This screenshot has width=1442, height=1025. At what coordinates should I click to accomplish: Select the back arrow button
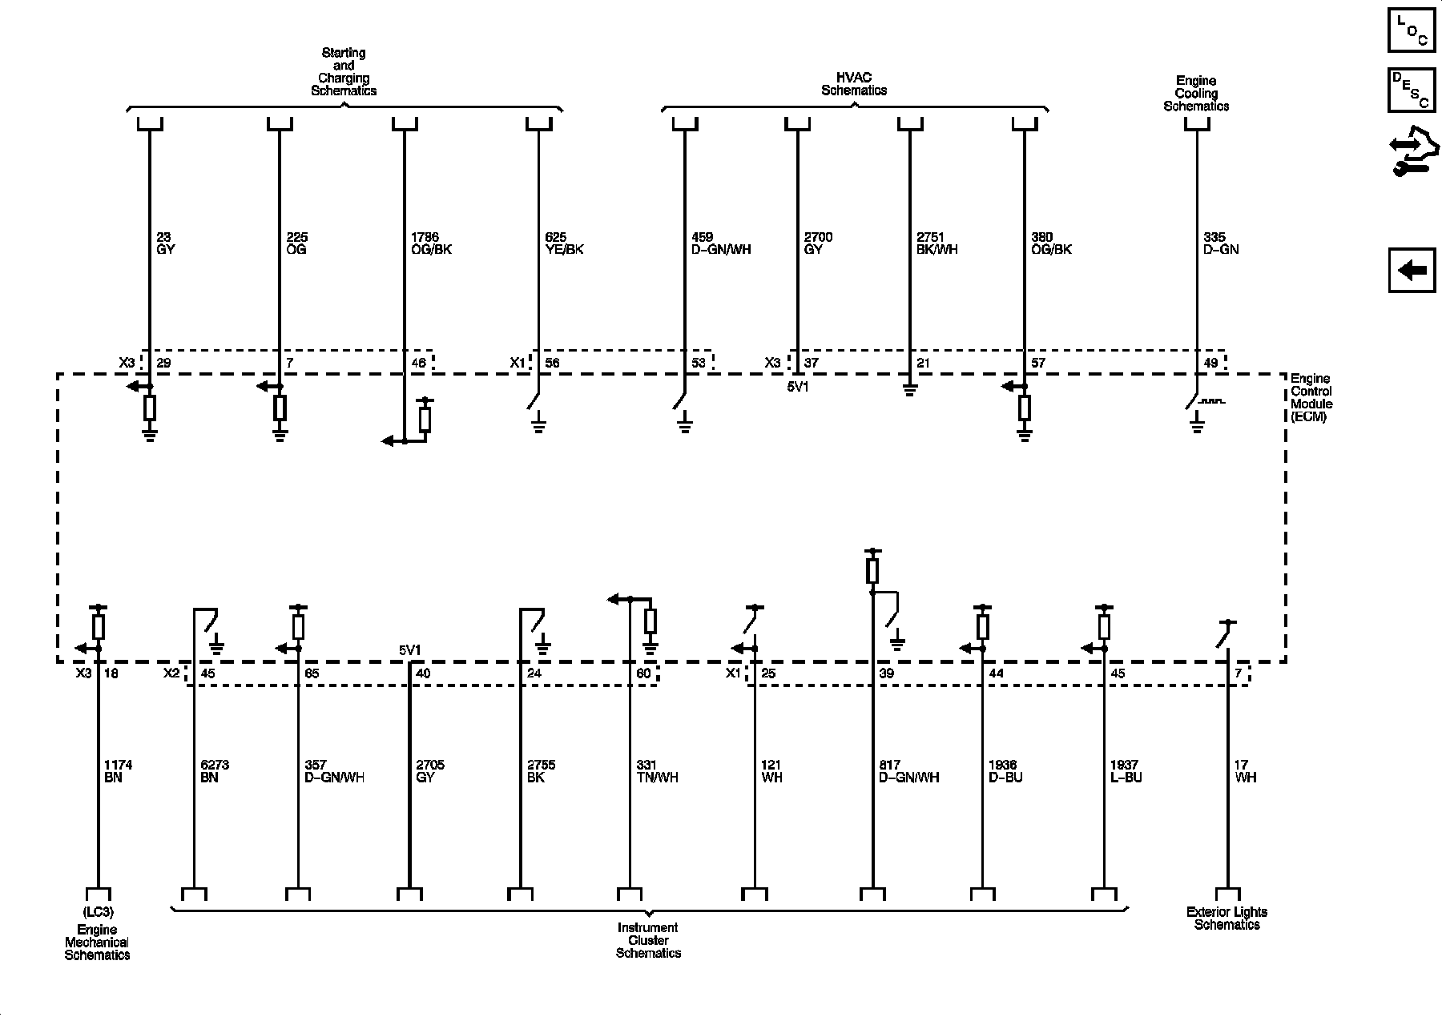click(x=1412, y=270)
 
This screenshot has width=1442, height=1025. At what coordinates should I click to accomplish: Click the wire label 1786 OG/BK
click(x=430, y=243)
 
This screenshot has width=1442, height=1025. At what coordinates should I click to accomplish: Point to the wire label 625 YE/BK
click(x=564, y=243)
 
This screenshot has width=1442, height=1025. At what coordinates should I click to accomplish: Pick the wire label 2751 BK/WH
click(x=936, y=243)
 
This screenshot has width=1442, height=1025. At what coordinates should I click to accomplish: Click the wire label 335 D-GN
click(x=1221, y=243)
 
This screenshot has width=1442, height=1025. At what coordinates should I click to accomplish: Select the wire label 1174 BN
click(x=118, y=771)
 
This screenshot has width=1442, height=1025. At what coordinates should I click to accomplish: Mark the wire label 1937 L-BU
click(x=1126, y=771)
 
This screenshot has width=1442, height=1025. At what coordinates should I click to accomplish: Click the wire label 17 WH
click(x=1245, y=771)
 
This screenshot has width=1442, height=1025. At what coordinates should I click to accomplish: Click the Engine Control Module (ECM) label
click(x=1311, y=398)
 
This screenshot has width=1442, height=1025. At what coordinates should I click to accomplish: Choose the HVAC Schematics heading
click(x=854, y=84)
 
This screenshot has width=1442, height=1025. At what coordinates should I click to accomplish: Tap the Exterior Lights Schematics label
click(x=1227, y=918)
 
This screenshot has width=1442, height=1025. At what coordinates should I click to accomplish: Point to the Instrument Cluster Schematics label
click(x=648, y=940)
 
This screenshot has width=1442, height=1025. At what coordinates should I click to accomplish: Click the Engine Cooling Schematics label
click(x=1196, y=93)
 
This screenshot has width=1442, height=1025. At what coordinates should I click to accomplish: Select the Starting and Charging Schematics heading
click(x=344, y=72)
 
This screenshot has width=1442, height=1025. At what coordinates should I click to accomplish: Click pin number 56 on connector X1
click(x=552, y=364)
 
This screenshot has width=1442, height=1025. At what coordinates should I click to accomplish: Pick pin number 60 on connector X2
click(x=643, y=673)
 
